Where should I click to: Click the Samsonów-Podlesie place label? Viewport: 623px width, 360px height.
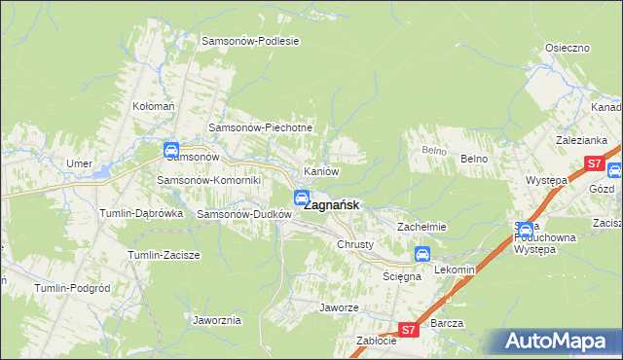[250, 41]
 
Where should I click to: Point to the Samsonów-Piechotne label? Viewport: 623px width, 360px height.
[261, 127]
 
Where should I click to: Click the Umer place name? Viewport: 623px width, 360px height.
[79, 162]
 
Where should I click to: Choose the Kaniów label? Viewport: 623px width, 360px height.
[321, 171]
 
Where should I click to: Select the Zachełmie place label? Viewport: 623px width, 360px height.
[421, 227]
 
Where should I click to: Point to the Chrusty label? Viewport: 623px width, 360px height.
[355, 244]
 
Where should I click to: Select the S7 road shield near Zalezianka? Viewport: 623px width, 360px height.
[593, 163]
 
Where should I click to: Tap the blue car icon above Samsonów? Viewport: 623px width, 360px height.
[171, 150]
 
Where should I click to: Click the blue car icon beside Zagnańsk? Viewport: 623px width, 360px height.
[302, 198]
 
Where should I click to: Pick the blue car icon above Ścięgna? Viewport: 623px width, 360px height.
[422, 255]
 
